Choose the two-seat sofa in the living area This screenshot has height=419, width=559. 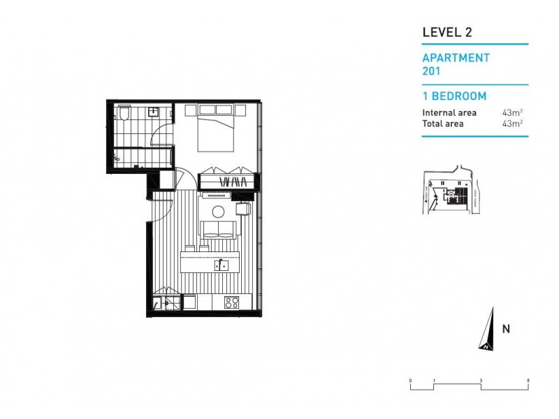coord(218,229)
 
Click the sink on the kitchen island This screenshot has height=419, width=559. coord(221,265)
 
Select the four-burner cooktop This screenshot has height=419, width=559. coord(231,302)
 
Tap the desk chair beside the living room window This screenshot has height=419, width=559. coord(242,208)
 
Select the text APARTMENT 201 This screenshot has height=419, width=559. coord(456,64)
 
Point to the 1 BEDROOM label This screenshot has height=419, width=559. coord(454,96)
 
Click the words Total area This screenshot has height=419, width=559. coord(441,124)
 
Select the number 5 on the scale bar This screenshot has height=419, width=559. coord(528,379)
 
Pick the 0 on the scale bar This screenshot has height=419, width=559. coord(411,379)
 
